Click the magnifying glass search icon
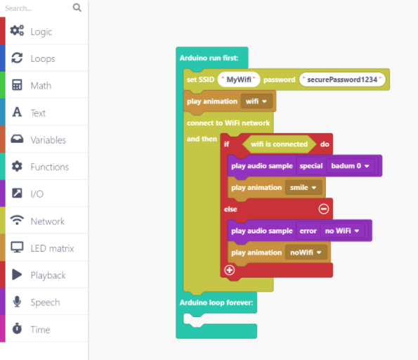(77, 8)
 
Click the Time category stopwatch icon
(17, 329)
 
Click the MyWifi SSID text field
(239, 79)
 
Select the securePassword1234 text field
(342, 79)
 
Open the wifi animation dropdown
(256, 101)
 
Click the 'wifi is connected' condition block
(279, 144)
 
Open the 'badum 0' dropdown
(351, 166)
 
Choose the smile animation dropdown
(303, 188)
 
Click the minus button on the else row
(324, 209)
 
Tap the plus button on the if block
(230, 270)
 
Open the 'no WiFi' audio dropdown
(342, 231)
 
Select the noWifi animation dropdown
(306, 252)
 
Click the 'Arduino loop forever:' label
(216, 302)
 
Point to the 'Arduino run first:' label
(209, 58)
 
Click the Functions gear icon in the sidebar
(17, 166)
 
